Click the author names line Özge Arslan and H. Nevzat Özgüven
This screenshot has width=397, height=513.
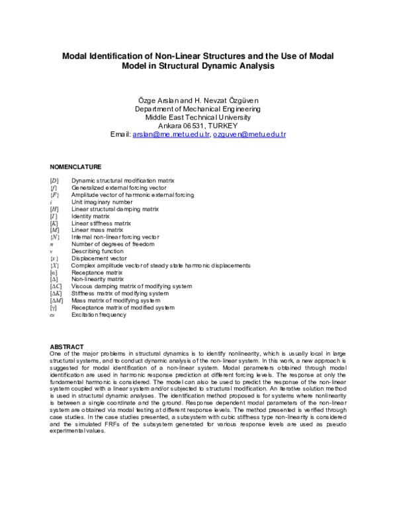point(198,99)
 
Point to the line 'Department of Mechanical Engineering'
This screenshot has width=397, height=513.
point(198,108)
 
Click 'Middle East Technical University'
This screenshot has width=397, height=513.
point(198,116)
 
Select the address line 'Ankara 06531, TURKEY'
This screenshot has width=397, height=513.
point(198,126)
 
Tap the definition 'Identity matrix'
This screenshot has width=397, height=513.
point(91,216)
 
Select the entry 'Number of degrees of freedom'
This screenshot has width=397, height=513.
point(112,244)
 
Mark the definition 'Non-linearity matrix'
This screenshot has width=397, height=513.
point(97,280)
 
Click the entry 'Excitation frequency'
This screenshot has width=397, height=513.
point(99,315)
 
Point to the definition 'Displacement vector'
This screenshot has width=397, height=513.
point(99,258)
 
